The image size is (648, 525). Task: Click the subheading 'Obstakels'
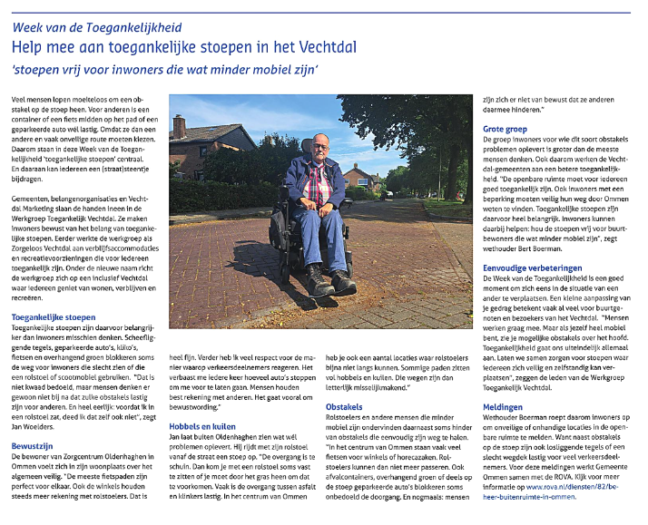(344, 407)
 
